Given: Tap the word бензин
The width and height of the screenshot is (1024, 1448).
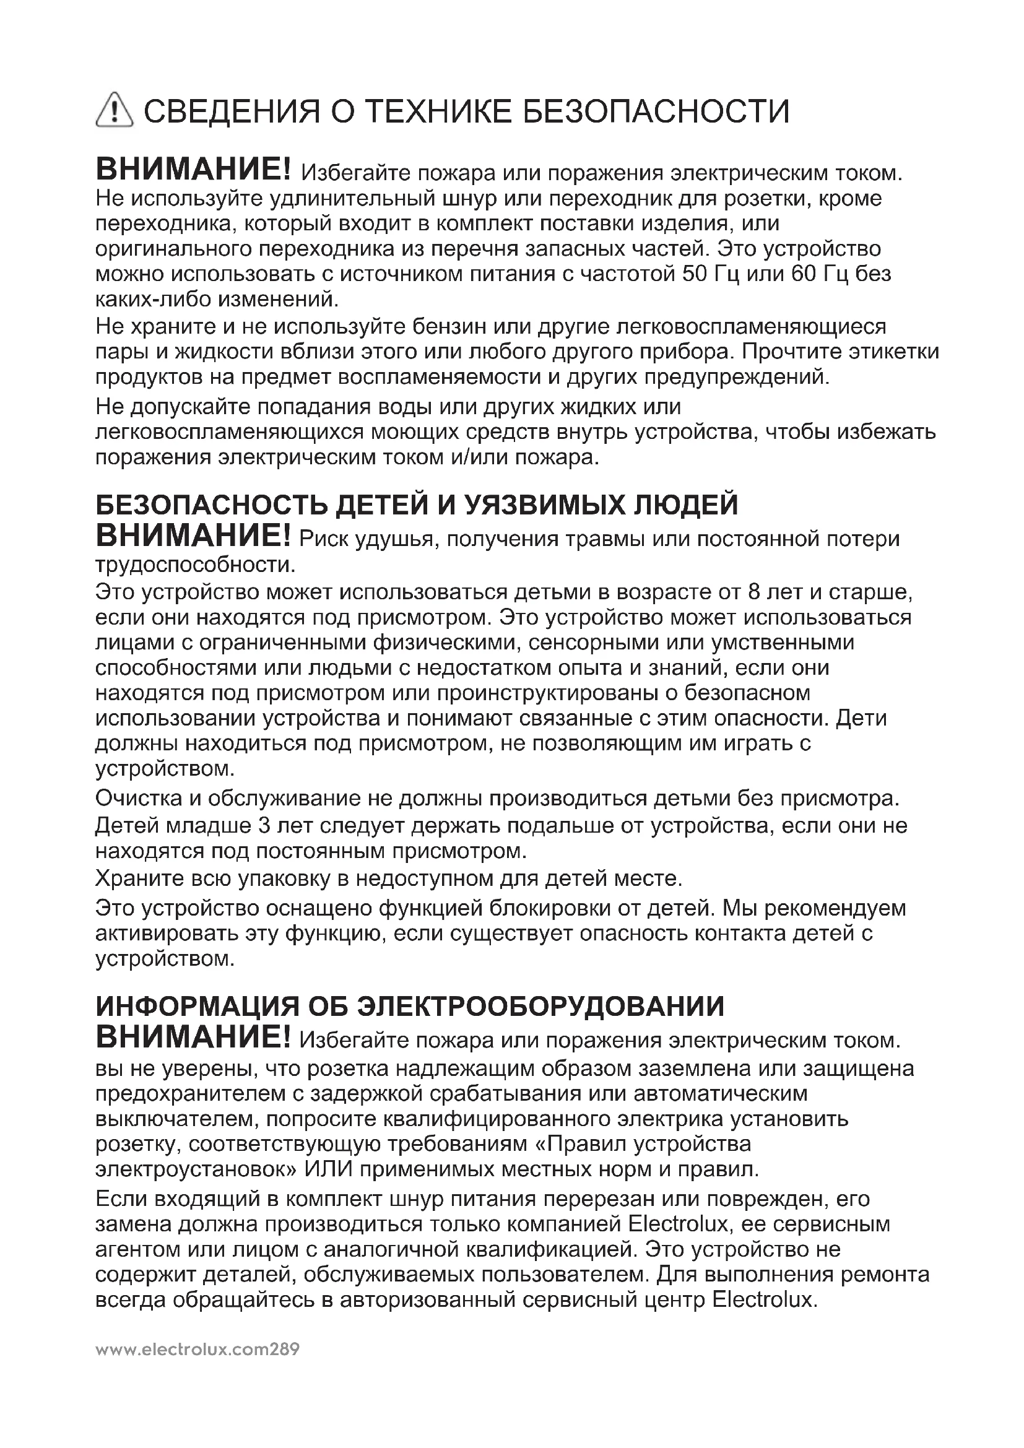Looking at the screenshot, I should pyautogui.click(x=449, y=327).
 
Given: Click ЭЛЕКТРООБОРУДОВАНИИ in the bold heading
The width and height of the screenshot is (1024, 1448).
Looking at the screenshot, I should pyautogui.click(x=541, y=1007).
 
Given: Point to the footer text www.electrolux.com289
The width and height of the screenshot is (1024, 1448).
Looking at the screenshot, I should pyautogui.click(x=197, y=1350).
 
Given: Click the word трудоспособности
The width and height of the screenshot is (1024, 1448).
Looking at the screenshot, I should pyautogui.click(x=195, y=565).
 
